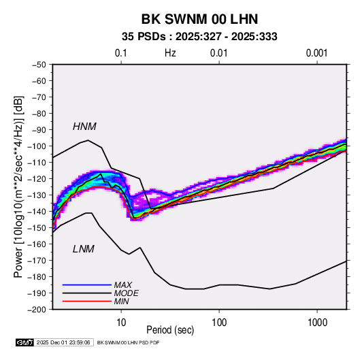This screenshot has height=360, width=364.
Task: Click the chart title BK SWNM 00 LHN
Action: pos(199,19)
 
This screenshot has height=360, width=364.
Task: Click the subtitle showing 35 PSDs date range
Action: pos(199,37)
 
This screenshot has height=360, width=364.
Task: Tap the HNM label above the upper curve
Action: pos(84,127)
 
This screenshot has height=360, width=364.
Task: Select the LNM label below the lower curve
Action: pos(84,249)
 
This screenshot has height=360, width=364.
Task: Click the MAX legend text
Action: pos(122,284)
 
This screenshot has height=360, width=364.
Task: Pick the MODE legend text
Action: pos(127,293)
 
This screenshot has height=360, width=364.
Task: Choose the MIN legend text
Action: pos(121,301)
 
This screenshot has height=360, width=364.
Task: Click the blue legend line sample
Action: pos(87,284)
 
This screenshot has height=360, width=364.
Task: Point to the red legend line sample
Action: pos(87,301)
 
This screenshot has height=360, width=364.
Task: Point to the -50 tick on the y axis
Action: pos(39,65)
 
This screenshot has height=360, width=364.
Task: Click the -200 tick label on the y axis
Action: pos(37,310)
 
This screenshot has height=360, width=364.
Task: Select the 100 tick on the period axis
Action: pos(219,323)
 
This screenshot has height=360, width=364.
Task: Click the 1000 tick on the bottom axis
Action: pos(318,323)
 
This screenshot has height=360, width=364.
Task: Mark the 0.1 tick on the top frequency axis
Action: pos(121,53)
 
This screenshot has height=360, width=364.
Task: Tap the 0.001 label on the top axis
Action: pos(316,53)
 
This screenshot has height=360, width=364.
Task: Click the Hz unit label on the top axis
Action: pos(170,53)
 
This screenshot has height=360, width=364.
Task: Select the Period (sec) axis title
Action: pos(170,330)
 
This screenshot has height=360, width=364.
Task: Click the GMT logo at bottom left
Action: pos(25,342)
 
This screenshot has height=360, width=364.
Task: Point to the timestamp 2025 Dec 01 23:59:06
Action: pos(63,342)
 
